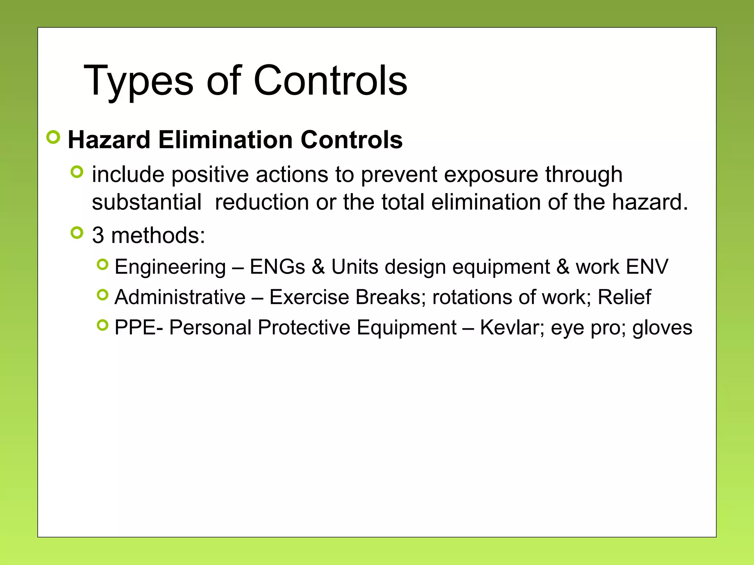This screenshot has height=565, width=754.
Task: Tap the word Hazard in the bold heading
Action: [x=109, y=140]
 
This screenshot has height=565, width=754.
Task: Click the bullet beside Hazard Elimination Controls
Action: [x=53, y=137]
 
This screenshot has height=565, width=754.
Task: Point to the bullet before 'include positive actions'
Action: [x=77, y=172]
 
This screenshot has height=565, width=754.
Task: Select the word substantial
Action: [x=147, y=202]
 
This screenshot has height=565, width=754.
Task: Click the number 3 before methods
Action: [x=98, y=235]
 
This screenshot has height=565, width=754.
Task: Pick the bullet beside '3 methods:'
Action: [x=77, y=233]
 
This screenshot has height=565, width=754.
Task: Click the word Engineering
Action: [x=170, y=267]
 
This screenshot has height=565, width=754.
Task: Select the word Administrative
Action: [x=180, y=297]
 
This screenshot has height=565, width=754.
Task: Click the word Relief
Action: [x=624, y=297]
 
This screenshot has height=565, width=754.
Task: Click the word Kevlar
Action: [x=509, y=327]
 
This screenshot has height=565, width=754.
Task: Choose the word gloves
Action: [x=662, y=328]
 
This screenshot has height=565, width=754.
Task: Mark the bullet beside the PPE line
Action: [x=103, y=325]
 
